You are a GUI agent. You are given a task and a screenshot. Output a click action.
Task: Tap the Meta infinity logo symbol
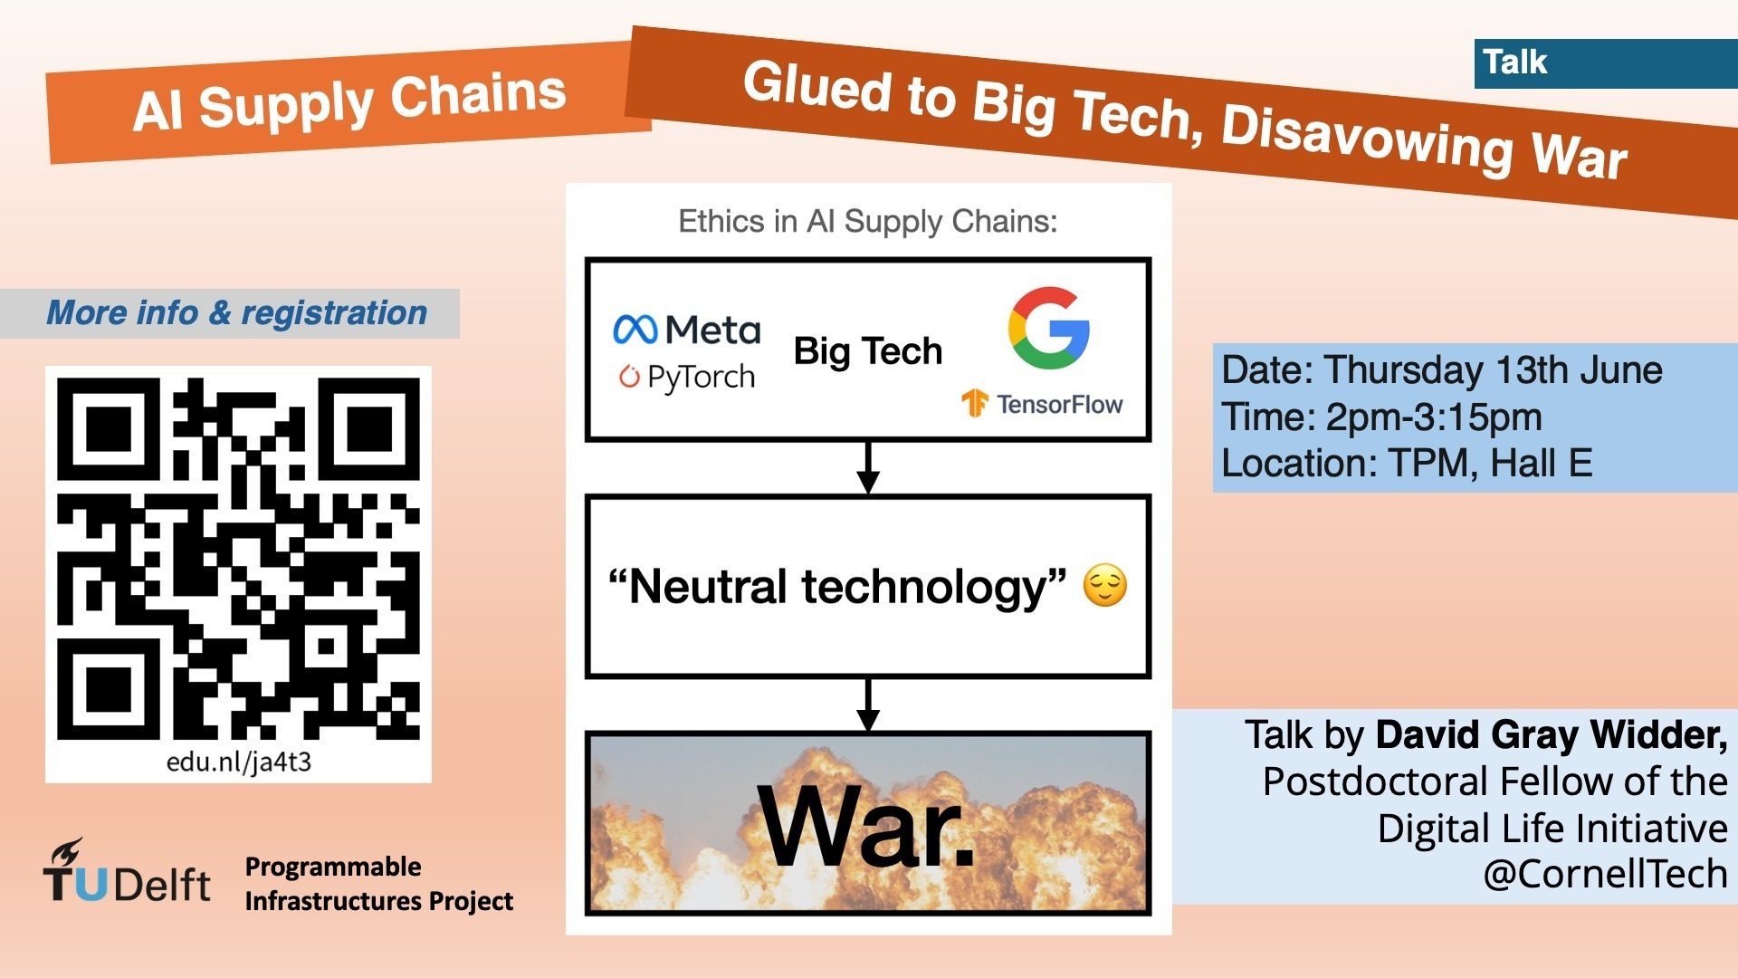pos(635,330)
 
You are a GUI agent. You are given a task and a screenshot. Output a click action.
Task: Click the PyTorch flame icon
pos(629,376)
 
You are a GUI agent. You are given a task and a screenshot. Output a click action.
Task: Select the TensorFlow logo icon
pos(974,403)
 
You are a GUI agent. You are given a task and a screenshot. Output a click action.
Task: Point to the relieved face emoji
pos(1105,585)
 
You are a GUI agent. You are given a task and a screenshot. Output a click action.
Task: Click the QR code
pos(238,558)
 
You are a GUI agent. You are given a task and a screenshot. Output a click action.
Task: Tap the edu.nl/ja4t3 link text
pos(238,762)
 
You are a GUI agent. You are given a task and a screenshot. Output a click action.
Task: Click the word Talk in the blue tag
pos(1514,62)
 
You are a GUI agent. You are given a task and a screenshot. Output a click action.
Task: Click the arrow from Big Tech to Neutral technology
pos(868,467)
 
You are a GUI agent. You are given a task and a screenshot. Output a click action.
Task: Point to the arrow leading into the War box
pos(868,705)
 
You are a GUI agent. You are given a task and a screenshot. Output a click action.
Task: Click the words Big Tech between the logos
pos(867,351)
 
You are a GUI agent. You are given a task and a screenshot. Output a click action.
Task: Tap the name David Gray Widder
pos(1551,734)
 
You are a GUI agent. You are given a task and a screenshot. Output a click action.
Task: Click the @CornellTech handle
pos(1605,874)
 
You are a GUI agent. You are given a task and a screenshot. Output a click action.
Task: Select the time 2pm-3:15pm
pos(1434,417)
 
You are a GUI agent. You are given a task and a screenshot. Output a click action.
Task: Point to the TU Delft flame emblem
pos(67,853)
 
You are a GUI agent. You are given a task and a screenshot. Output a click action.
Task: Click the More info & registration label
pos(236,313)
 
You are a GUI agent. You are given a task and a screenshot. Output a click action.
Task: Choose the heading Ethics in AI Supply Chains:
pos(867,222)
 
